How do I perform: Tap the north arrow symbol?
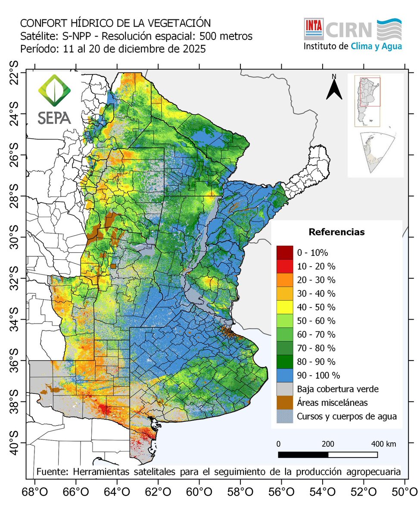(334, 88)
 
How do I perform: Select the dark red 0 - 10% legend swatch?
(284, 252)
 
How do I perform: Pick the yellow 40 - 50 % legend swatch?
(284, 307)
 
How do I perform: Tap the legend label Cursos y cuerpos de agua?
(346, 417)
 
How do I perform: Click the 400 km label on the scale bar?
(383, 444)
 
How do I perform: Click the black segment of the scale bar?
(303, 455)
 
